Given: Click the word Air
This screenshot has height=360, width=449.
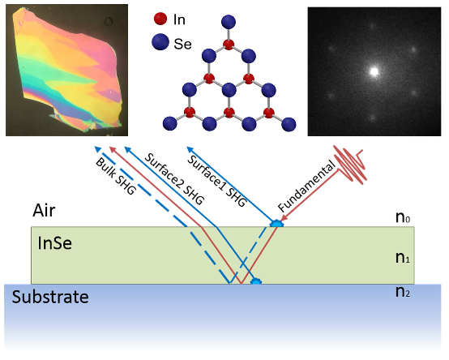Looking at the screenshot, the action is tap(44, 211).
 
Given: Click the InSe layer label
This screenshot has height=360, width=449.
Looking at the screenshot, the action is tap(54, 243).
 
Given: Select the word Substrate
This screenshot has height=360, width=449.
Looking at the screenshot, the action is tap(50, 297).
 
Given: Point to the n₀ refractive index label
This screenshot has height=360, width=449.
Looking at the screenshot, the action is tap(403, 217).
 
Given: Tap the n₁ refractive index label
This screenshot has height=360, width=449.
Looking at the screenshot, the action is tap(403, 258).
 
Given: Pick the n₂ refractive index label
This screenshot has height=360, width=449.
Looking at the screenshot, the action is tap(403, 292).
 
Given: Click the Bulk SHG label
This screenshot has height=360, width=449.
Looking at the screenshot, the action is tap(115, 176).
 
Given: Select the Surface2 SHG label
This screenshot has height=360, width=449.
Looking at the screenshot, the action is tap(173, 179).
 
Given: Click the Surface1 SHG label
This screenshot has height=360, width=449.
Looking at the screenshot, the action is tap(216, 181).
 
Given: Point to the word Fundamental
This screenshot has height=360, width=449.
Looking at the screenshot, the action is tap(306, 186).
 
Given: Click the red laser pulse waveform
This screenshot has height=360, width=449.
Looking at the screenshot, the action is tap(351, 165).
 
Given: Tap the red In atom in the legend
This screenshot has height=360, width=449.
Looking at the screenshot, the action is tap(160, 19).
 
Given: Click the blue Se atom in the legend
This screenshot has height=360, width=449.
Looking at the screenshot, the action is tap(160, 42).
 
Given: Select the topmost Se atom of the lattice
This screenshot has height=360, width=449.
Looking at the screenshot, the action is tap(229, 22).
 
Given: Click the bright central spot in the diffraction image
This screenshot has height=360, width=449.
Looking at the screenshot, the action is tap(374, 71).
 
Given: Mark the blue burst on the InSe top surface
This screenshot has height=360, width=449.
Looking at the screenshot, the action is tap(276, 224).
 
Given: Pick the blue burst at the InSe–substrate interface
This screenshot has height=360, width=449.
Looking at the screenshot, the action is tap(256, 281).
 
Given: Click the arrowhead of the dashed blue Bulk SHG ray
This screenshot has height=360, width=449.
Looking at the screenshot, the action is tap(97, 149).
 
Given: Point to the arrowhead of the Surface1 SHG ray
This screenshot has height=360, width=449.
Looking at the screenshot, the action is tap(190, 149).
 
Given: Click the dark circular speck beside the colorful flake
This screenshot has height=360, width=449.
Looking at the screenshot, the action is tap(109, 21).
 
